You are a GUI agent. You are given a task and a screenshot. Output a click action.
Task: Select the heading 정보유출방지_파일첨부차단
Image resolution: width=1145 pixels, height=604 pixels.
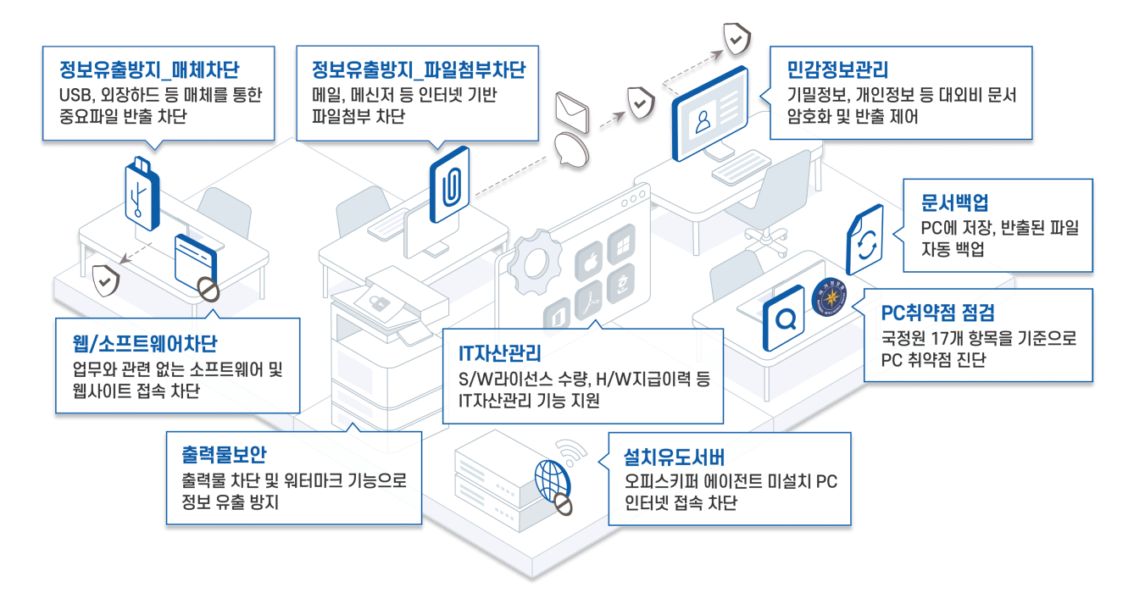(419, 69)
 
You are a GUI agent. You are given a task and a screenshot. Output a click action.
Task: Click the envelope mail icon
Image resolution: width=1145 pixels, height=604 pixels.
(571, 109)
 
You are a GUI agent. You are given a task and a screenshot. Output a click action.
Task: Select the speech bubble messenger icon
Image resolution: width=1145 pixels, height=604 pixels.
(572, 149)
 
